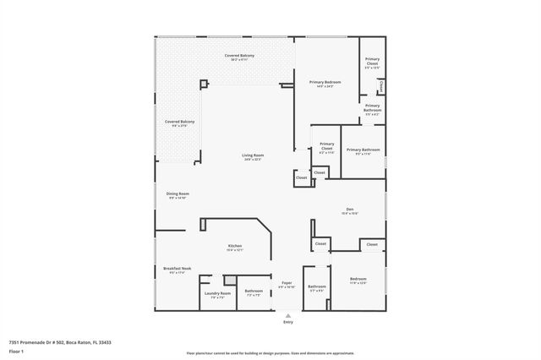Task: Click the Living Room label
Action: pos(253,155)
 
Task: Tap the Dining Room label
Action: pos(178,194)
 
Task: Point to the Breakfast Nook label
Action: pos(178,268)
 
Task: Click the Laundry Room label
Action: pos(218,292)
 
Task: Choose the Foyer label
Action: pos(287,282)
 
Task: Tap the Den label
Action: pos(349,209)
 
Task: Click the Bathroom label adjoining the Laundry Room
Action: pos(254,292)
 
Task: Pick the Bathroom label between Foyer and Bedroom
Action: pos(317,286)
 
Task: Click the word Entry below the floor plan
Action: pos(288,322)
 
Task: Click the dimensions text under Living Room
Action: pos(253,160)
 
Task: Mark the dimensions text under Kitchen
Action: pos(235,250)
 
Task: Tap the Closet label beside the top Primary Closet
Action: pos(381,86)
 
